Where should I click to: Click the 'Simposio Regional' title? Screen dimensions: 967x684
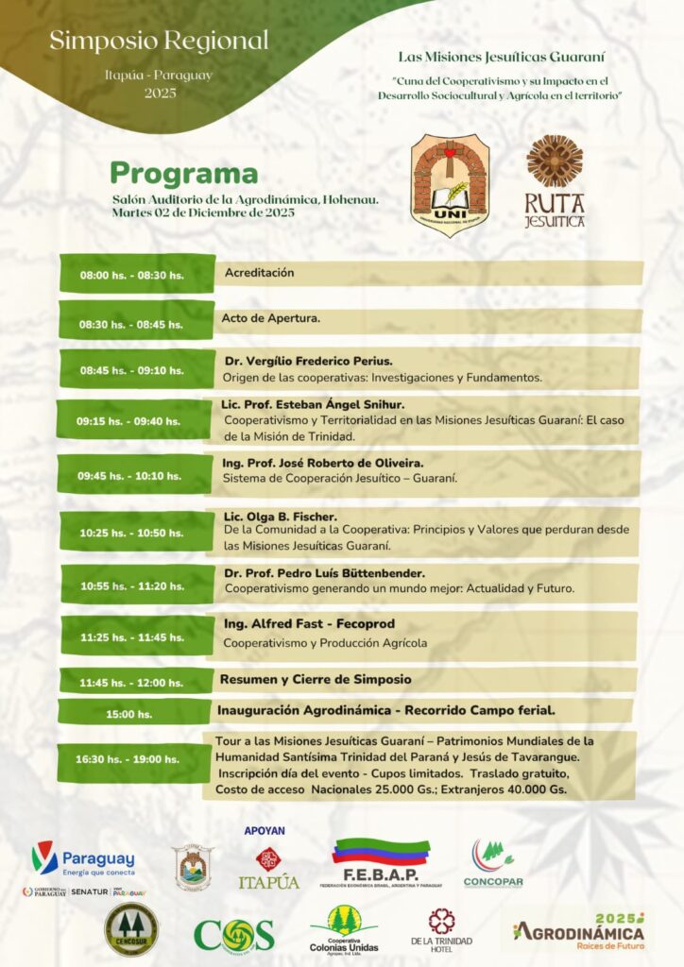[x=159, y=41]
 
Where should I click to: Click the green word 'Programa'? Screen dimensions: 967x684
[x=183, y=174]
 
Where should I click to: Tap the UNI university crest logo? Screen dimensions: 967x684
[x=450, y=184]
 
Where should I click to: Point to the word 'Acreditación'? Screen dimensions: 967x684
[x=259, y=273]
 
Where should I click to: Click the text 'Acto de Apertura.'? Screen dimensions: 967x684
[x=271, y=318]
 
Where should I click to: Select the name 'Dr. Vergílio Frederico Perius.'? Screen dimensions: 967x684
[x=308, y=361]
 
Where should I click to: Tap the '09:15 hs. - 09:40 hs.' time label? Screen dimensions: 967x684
[x=129, y=421]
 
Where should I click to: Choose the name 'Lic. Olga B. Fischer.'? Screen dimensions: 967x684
[x=280, y=517]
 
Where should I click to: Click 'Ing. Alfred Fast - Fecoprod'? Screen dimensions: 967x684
[x=309, y=624]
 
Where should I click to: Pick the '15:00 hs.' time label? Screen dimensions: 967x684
[x=128, y=714]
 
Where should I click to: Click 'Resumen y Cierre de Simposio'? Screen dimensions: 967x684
[x=316, y=679]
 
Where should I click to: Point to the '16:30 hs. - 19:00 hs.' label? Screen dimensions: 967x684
[x=128, y=759]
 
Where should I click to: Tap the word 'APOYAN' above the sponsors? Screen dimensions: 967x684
[x=265, y=831]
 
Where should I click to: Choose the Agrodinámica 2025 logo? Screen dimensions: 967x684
[x=578, y=929]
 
